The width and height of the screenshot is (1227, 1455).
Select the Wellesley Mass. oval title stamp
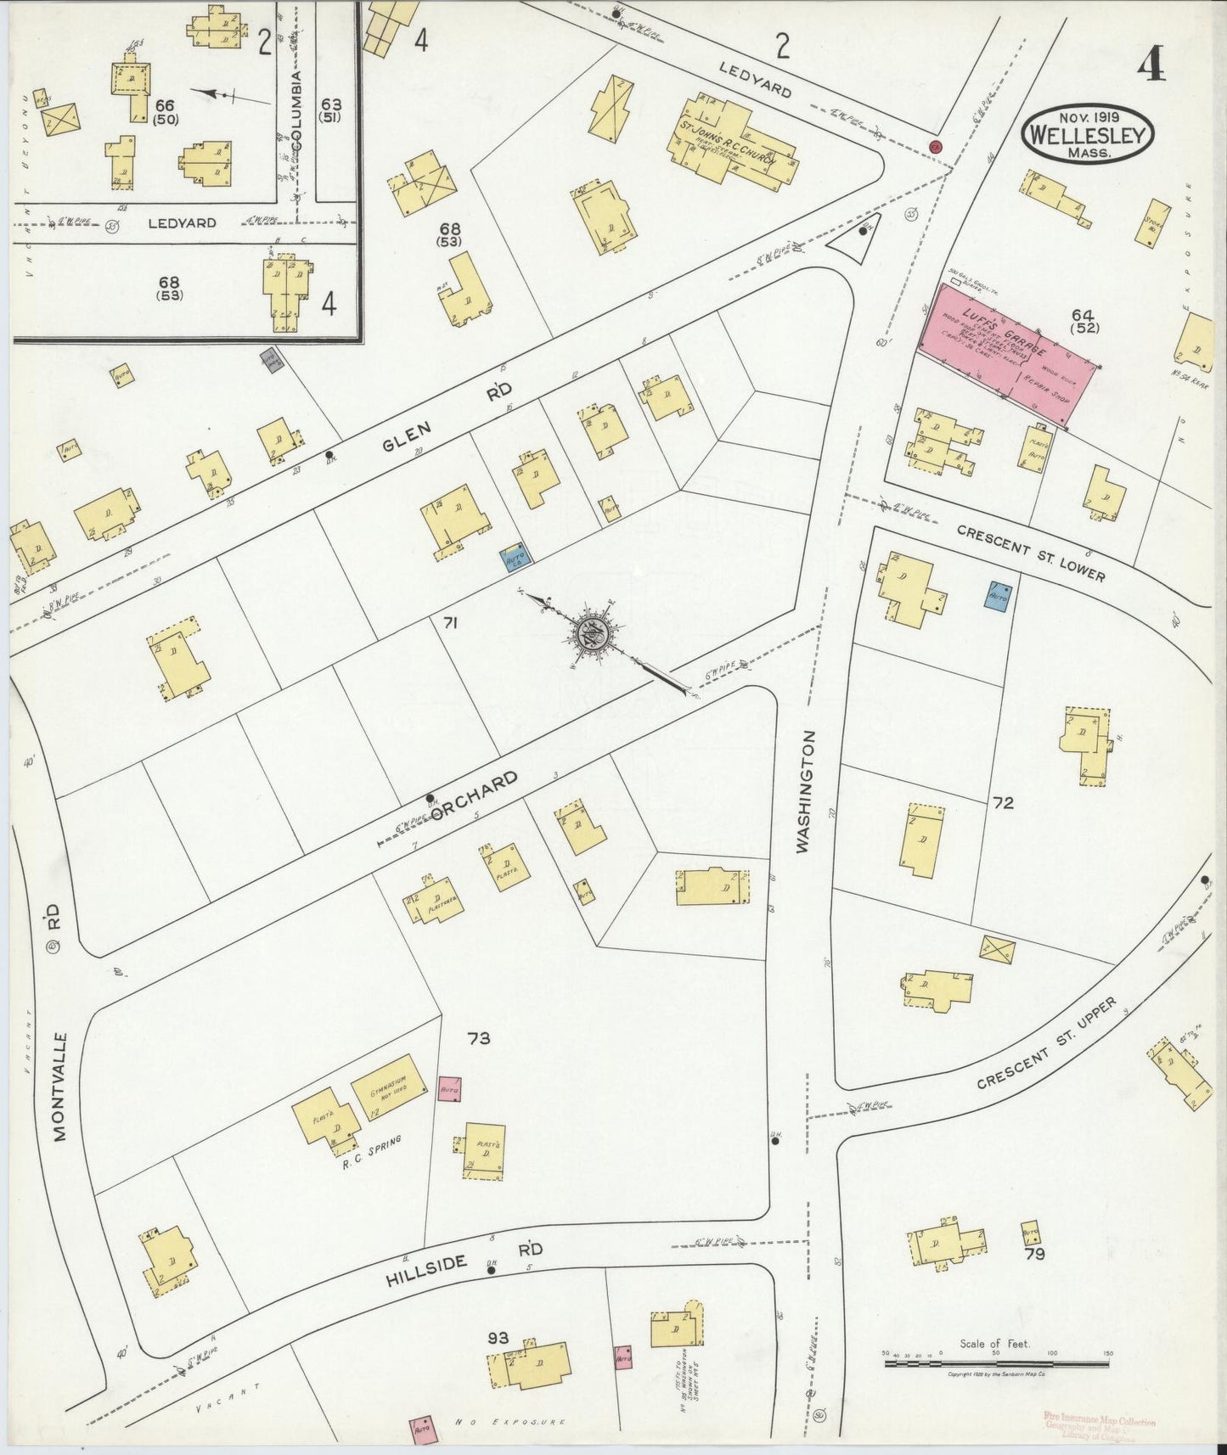[x=1088, y=133]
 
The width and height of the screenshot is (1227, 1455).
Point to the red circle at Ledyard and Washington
[x=936, y=147]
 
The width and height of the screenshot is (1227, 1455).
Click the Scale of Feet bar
[x=995, y=1364]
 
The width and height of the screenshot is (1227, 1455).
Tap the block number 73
[x=478, y=1037]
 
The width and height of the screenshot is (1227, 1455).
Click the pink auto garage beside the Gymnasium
[x=449, y=1088]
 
